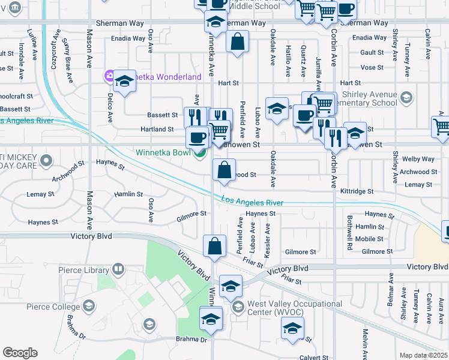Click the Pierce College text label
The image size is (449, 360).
point(52,307)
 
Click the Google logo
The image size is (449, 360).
point(20,353)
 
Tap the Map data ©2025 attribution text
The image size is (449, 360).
point(424,355)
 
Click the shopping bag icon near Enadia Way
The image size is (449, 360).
point(238,42)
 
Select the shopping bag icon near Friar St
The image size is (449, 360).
point(214,245)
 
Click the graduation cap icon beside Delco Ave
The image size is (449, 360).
point(125,82)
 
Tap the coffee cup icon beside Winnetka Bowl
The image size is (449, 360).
point(197,138)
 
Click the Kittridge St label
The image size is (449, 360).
point(357,191)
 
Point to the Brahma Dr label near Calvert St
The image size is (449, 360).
point(191,340)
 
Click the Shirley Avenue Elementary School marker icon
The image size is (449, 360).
point(406,98)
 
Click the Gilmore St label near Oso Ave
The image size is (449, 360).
point(191,214)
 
